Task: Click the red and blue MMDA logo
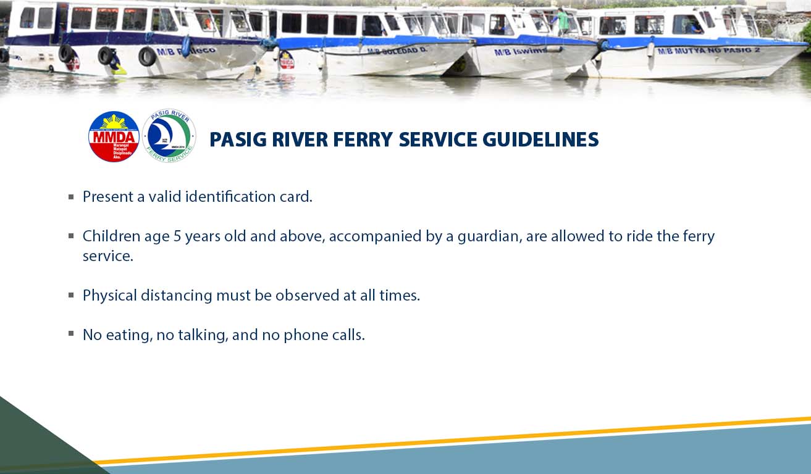coord(114,136)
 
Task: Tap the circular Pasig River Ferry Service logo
coord(169,136)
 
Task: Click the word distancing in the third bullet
coord(176,296)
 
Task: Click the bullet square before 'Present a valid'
coord(71,197)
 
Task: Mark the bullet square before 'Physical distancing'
coord(71,296)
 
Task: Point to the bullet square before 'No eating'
coord(71,334)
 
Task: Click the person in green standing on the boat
coord(562,22)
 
